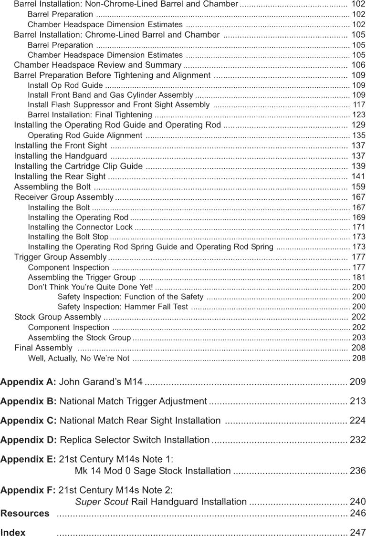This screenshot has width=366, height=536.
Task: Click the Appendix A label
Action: tap(28, 381)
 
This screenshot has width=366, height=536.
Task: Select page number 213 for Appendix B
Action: tap(357, 402)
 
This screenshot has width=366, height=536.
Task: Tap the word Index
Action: tap(13, 533)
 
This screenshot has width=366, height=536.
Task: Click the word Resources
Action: tap(25, 514)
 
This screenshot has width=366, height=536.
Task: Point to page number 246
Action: tap(357, 514)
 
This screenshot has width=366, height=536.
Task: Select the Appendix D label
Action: tap(29, 440)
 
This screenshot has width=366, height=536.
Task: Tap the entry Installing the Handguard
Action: tap(61, 156)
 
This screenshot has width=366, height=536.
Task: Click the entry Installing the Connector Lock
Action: tap(80, 227)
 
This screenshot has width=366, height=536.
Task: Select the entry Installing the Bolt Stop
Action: tap(68, 237)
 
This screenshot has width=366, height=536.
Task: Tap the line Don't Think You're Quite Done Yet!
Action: tap(91, 287)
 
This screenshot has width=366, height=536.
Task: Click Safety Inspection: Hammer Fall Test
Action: tap(123, 307)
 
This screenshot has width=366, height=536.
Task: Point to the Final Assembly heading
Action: tap(43, 348)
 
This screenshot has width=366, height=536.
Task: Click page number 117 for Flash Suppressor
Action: tap(358, 105)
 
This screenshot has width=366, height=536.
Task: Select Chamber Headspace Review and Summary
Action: tap(98, 65)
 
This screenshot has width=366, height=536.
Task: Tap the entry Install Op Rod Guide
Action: tap(65, 85)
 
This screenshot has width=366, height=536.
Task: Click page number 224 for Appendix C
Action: tap(357, 421)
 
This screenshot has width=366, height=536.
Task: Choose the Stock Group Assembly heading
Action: tap(58, 317)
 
